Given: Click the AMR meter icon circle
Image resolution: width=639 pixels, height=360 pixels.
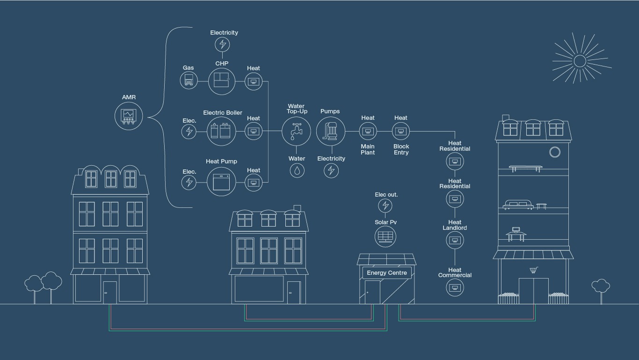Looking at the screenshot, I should click(129, 115).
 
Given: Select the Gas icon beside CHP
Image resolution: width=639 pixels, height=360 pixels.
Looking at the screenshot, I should click(189, 81).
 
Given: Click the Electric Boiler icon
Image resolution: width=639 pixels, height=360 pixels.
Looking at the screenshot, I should click(221, 131).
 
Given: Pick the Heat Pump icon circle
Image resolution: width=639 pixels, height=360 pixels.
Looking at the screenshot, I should click(221, 182).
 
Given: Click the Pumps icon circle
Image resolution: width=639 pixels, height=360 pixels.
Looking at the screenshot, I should click(331, 132).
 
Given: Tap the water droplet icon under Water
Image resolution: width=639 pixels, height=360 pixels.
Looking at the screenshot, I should click(297, 171).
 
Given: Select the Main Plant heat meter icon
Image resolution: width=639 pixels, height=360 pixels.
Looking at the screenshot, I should click(368, 132).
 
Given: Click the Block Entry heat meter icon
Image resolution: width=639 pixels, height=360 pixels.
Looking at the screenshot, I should click(401, 132).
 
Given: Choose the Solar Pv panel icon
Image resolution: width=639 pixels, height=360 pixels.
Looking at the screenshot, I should click(385, 236).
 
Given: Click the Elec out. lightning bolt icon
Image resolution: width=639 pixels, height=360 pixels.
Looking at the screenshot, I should click(385, 206).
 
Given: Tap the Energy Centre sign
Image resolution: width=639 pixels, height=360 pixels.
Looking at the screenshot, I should click(387, 273).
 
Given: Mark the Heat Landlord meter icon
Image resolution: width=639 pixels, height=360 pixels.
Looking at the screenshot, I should click(455, 241).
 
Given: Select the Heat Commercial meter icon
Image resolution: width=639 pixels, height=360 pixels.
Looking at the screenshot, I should click(455, 288).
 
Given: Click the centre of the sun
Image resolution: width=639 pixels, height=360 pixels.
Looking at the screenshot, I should click(580, 61).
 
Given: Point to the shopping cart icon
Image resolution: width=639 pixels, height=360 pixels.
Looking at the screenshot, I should click(533, 270).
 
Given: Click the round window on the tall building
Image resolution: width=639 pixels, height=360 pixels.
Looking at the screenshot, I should click(555, 152).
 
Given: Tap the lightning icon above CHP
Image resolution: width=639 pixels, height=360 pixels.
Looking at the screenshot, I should click(223, 44).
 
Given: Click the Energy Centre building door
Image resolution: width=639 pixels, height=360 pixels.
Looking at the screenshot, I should click(372, 292).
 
